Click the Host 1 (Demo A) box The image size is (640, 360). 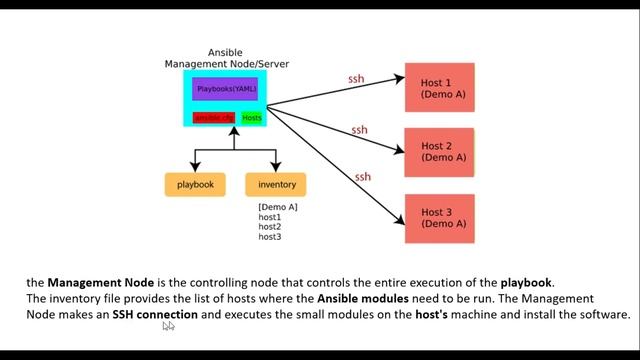[439, 88]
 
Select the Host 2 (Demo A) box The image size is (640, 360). [439, 152]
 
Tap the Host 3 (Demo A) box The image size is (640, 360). [439, 218]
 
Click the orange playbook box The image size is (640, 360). [195, 185]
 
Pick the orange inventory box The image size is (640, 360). [276, 185]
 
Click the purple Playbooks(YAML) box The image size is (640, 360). [225, 89]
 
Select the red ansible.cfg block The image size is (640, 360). [214, 118]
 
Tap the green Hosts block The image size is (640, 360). [252, 118]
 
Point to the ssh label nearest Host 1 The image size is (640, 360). [356, 79]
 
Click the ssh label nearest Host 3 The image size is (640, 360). [363, 177]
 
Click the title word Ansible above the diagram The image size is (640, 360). [226, 52]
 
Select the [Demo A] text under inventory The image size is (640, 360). [277, 207]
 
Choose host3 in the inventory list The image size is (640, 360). [270, 237]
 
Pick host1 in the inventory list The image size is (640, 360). [270, 217]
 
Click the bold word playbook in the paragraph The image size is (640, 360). [526, 282]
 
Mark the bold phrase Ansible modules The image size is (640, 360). [364, 298]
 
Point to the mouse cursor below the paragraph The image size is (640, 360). [168, 326]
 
